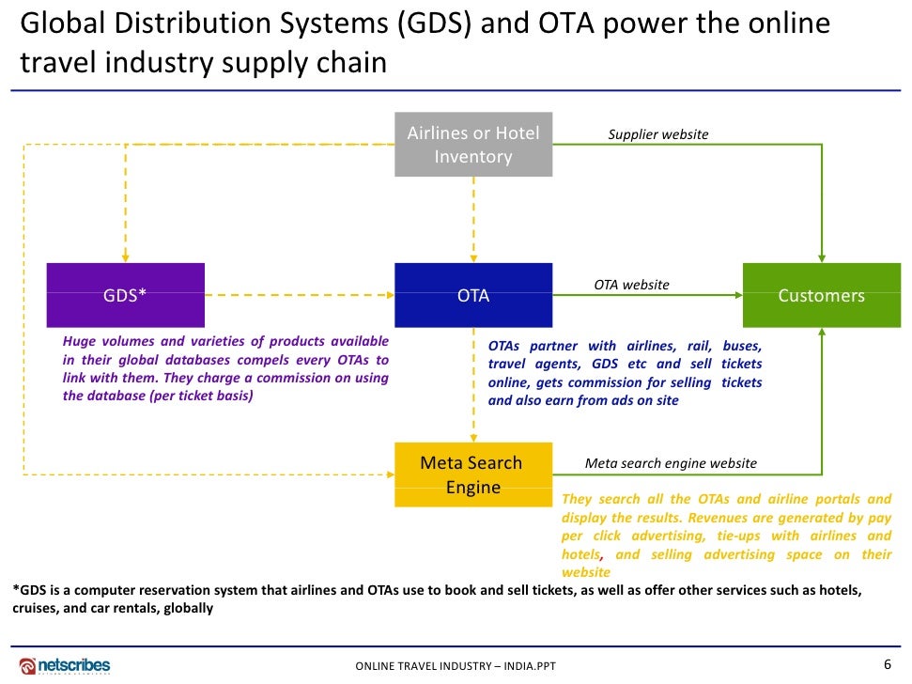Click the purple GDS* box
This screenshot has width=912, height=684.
coord(125,295)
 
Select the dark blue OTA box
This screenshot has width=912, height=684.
coord(473,295)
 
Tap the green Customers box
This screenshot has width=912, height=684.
coord(821,295)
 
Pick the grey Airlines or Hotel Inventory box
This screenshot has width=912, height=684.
coord(473,145)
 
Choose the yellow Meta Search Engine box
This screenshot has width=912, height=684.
coord(473,474)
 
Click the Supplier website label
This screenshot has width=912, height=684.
coord(657,134)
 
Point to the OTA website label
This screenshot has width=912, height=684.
coord(631,284)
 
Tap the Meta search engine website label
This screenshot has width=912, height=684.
coord(670,462)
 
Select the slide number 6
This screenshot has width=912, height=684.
coord(888,664)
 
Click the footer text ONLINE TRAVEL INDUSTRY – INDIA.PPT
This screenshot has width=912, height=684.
coord(456,666)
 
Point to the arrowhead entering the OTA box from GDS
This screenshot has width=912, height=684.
coord(389,295)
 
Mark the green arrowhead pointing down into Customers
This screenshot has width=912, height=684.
coord(822,257)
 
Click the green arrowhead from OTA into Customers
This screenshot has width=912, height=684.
coord(737,295)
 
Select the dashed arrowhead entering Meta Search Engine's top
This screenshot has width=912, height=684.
coord(473,437)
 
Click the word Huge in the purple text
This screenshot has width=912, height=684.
coord(79,342)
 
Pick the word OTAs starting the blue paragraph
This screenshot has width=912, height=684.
coord(503,346)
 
